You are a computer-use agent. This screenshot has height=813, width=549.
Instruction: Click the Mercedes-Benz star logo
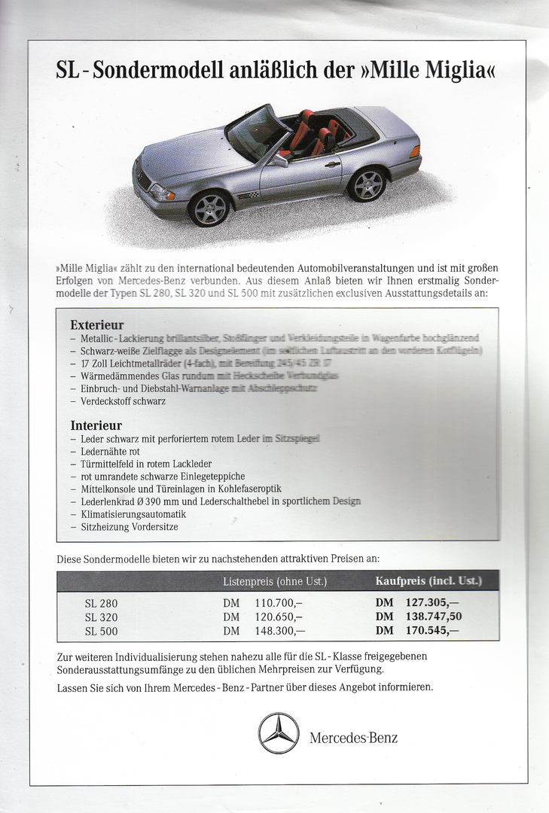(x=279, y=732)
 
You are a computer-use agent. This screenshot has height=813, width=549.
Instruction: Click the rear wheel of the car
(x=368, y=184)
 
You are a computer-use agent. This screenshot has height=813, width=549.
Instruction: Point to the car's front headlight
(x=161, y=192)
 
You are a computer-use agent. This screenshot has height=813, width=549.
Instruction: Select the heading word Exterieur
(x=96, y=325)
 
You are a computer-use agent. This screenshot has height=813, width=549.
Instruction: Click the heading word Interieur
(x=96, y=425)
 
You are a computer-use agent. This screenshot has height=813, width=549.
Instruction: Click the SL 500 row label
(x=101, y=631)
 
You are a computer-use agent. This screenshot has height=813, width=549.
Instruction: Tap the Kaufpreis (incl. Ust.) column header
(x=428, y=580)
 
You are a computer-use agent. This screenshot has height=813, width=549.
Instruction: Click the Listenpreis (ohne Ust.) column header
(x=275, y=581)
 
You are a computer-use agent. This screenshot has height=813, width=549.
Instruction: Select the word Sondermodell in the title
(x=154, y=72)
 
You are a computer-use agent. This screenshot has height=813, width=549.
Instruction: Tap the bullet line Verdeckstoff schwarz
(x=123, y=401)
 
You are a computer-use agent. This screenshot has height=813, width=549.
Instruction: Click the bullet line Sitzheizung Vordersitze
(x=129, y=527)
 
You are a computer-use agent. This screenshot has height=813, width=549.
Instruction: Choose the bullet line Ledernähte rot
(x=110, y=451)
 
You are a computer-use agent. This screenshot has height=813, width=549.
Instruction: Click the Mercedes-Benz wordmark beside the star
(x=353, y=737)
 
